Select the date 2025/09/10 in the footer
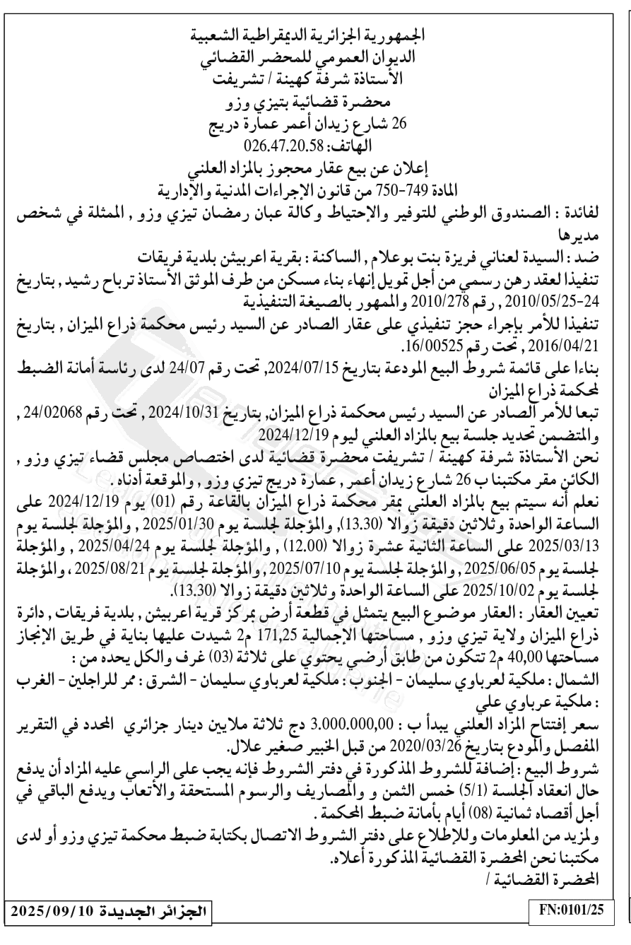pyautogui.click(x=52, y=926)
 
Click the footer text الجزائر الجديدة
pyautogui.click(x=158, y=926)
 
